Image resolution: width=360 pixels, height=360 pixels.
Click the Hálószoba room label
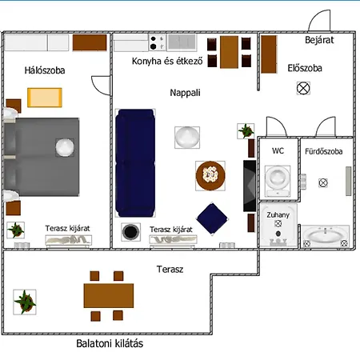point(45,70)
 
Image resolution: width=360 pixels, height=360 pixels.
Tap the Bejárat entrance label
point(319,40)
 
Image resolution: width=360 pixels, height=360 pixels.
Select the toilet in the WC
point(278,181)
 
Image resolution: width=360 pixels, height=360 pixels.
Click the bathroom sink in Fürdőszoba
point(325,235)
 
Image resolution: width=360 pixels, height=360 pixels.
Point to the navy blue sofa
point(135,162)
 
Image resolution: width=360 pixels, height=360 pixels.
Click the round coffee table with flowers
point(210,176)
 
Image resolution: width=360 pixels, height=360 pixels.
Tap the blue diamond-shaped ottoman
point(212,219)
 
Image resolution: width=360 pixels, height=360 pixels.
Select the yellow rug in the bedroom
point(45,98)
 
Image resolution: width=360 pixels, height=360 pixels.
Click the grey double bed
point(42,157)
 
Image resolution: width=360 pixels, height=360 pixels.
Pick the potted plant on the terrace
point(25,302)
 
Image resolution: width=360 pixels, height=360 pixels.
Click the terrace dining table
point(109,296)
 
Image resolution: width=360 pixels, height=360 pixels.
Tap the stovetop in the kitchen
point(158,42)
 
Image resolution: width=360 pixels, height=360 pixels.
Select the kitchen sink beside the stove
point(182,42)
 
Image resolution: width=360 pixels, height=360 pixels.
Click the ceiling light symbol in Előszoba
point(303,88)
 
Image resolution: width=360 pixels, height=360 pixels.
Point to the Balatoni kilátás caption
point(110,343)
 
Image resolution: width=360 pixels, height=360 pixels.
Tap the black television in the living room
point(250,186)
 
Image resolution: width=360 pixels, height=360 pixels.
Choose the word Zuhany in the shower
point(278,215)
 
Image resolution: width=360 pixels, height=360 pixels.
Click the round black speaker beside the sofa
point(130,232)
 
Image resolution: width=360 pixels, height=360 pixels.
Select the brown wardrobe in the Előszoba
point(269,54)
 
